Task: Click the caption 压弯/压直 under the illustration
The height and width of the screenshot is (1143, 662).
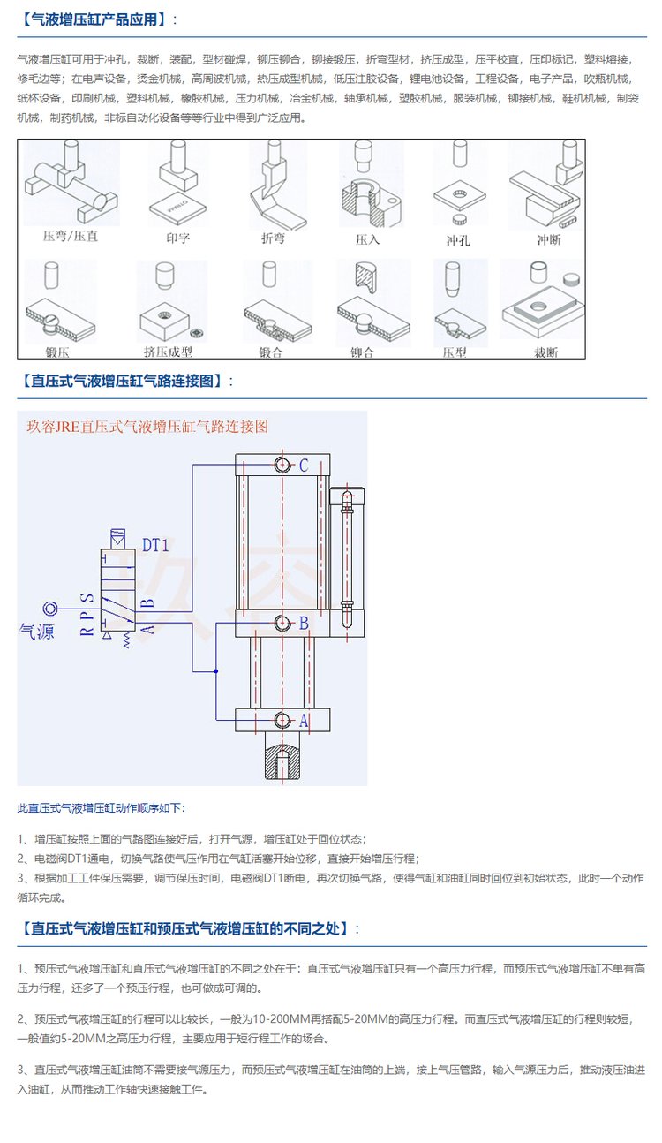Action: [x=71, y=238]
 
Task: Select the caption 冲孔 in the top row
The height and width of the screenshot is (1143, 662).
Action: [x=459, y=239]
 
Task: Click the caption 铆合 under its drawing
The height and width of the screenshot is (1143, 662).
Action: [x=363, y=352]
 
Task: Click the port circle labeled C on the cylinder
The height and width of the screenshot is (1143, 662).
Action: [x=282, y=465]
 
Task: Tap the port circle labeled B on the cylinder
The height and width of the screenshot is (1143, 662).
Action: [x=282, y=624]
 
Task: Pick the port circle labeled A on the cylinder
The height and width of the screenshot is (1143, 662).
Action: [x=282, y=720]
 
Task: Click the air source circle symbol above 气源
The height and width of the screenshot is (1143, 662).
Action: [x=51, y=608]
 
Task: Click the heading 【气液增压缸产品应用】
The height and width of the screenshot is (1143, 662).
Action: [x=98, y=19]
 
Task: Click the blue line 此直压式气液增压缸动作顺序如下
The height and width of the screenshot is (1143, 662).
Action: [x=102, y=807]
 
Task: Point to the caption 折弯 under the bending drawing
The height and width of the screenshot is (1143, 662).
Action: [x=274, y=238]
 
